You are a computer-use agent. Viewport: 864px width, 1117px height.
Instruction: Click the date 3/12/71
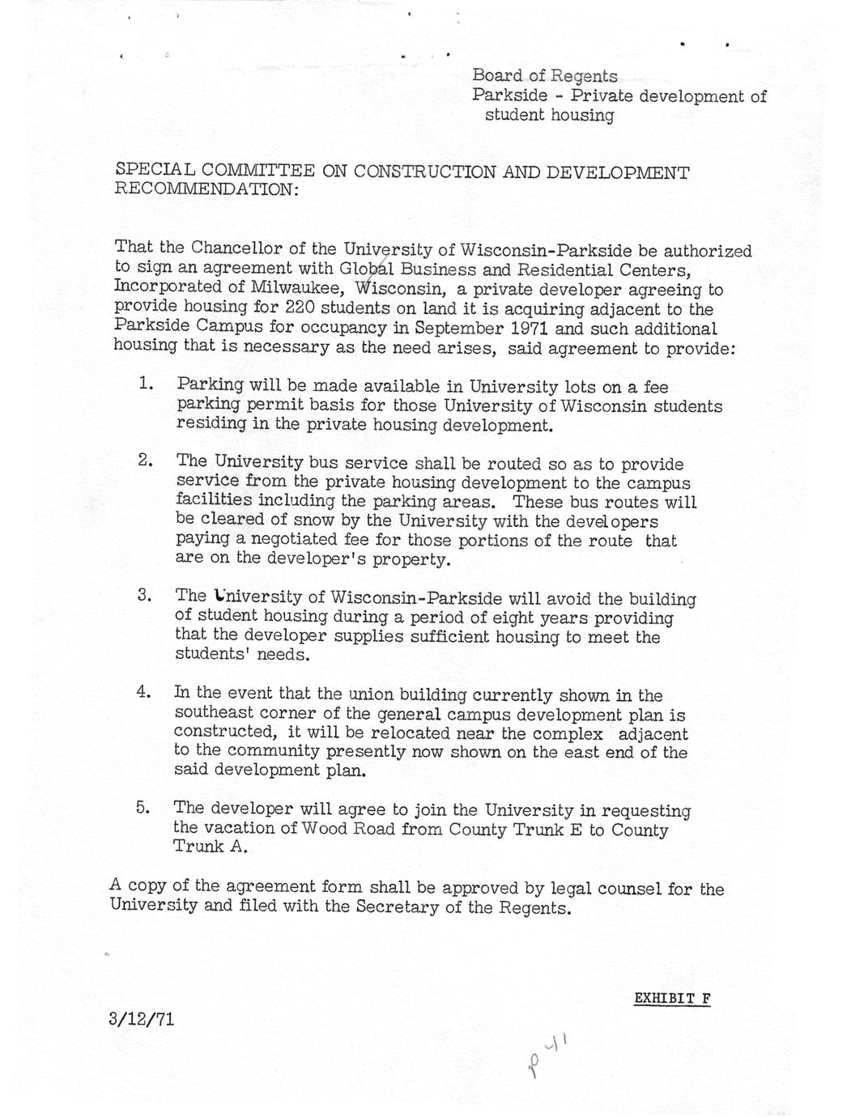141,1018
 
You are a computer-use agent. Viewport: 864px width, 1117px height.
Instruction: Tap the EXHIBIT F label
671,998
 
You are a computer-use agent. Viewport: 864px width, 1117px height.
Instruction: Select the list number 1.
146,383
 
